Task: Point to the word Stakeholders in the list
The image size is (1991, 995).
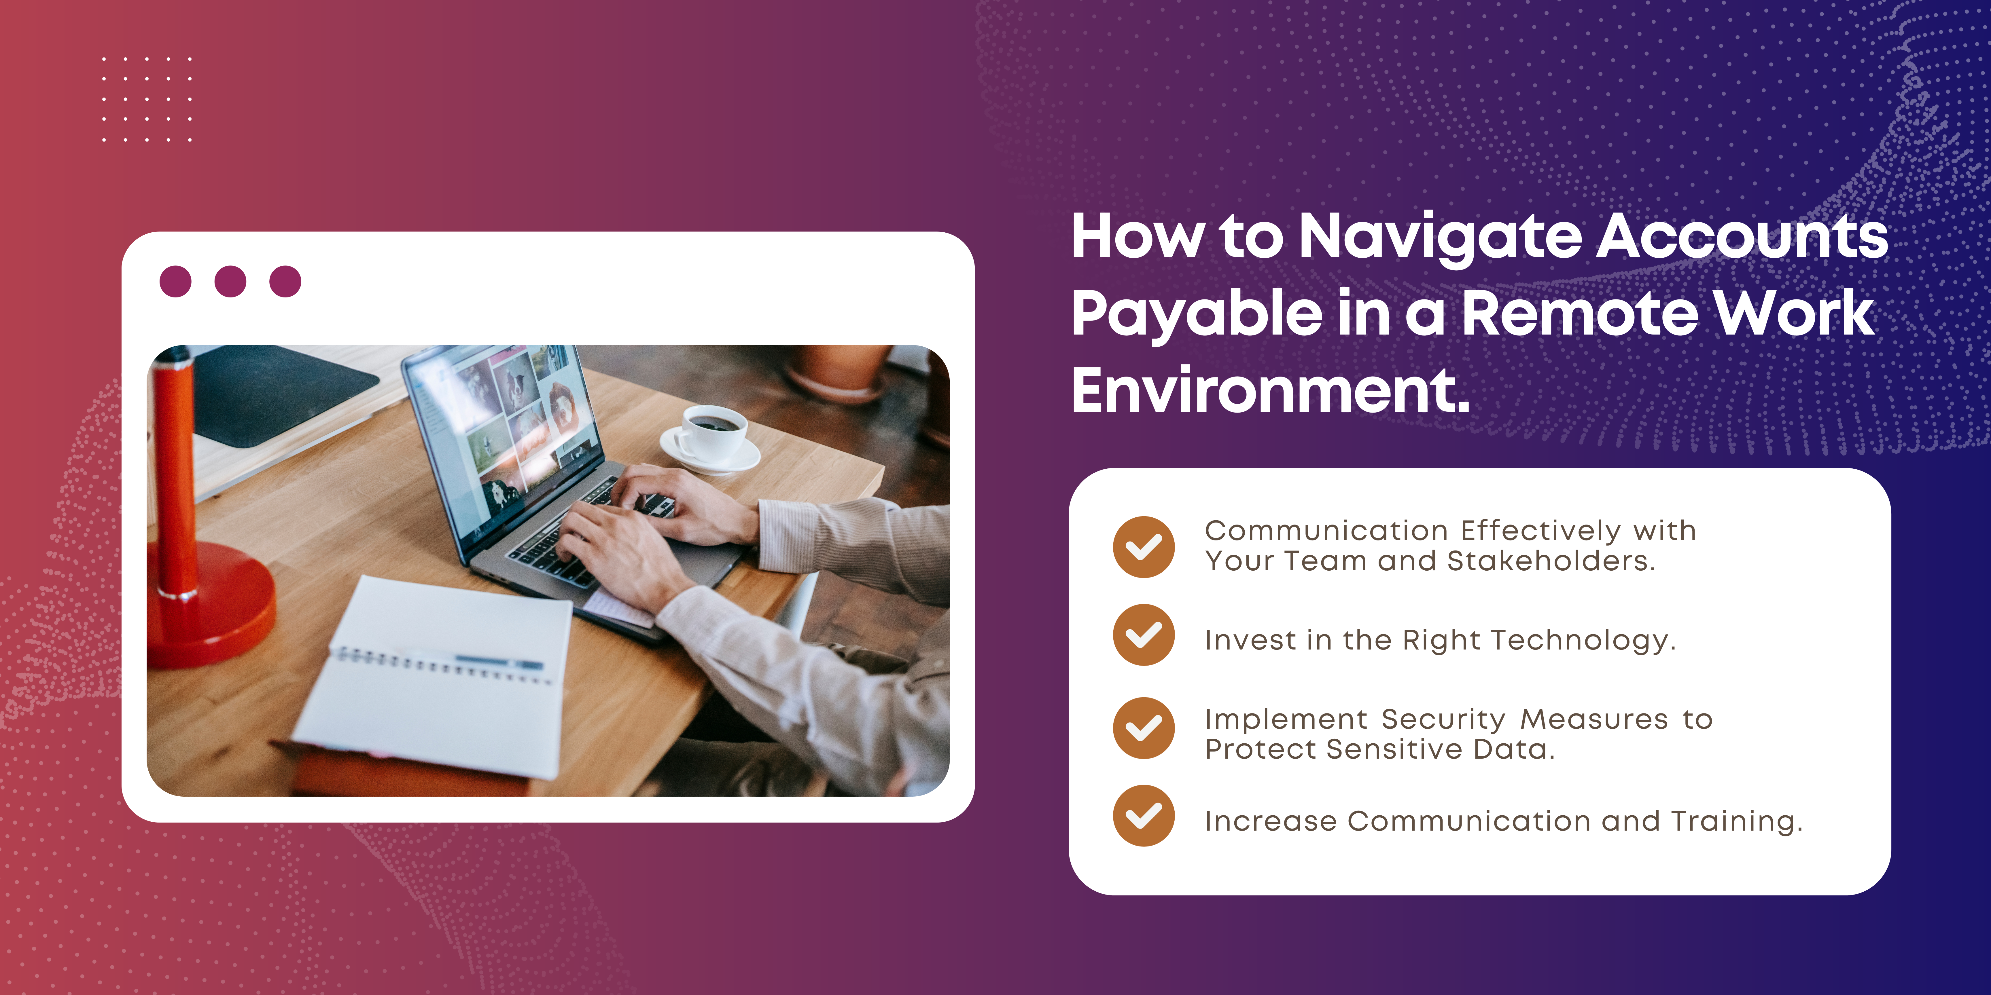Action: click(x=1551, y=561)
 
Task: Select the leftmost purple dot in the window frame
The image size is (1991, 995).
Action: click(x=175, y=281)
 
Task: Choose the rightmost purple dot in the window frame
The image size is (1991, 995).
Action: click(x=285, y=281)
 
